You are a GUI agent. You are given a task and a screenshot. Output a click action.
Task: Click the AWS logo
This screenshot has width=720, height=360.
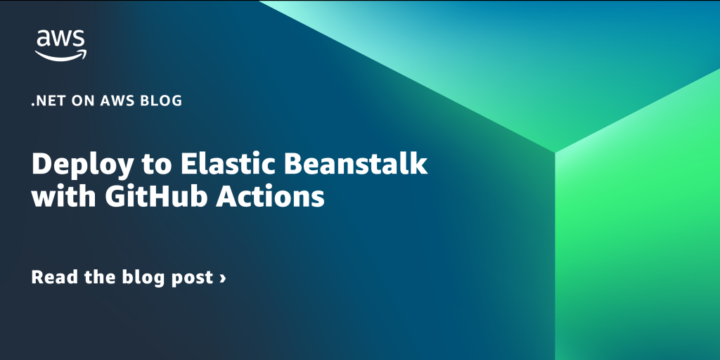tap(60, 46)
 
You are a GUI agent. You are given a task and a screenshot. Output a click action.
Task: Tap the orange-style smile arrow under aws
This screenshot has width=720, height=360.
tap(60, 56)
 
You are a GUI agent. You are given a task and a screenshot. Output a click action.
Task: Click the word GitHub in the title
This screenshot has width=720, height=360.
tap(155, 196)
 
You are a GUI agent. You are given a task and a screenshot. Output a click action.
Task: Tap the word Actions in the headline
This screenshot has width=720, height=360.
tap(271, 196)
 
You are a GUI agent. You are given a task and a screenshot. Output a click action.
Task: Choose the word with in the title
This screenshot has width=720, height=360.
tap(63, 196)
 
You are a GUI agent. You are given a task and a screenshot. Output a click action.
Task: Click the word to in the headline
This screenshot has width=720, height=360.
tap(157, 165)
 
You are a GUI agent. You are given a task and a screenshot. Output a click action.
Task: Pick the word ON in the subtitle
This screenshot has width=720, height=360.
tap(82, 101)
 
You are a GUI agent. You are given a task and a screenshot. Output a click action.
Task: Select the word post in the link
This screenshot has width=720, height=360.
tap(192, 278)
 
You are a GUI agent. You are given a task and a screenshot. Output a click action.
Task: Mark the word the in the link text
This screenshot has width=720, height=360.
tap(100, 277)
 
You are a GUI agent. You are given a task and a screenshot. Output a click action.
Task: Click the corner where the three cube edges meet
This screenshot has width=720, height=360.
tap(555, 152)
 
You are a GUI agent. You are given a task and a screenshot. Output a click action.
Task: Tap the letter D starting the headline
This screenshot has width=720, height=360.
tap(41, 163)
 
